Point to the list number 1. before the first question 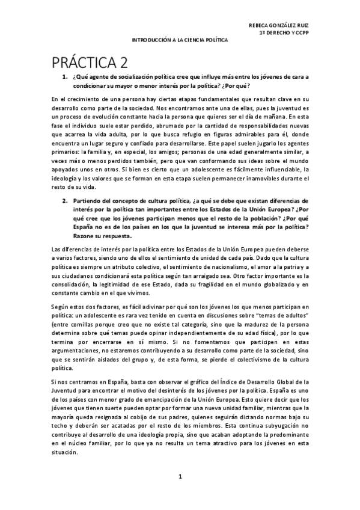[65, 77]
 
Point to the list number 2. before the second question [65, 200]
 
